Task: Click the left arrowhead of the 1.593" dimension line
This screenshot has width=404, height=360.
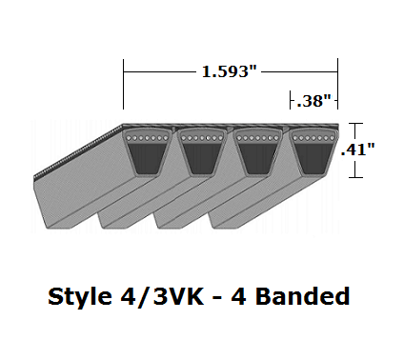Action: (x=127, y=70)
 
